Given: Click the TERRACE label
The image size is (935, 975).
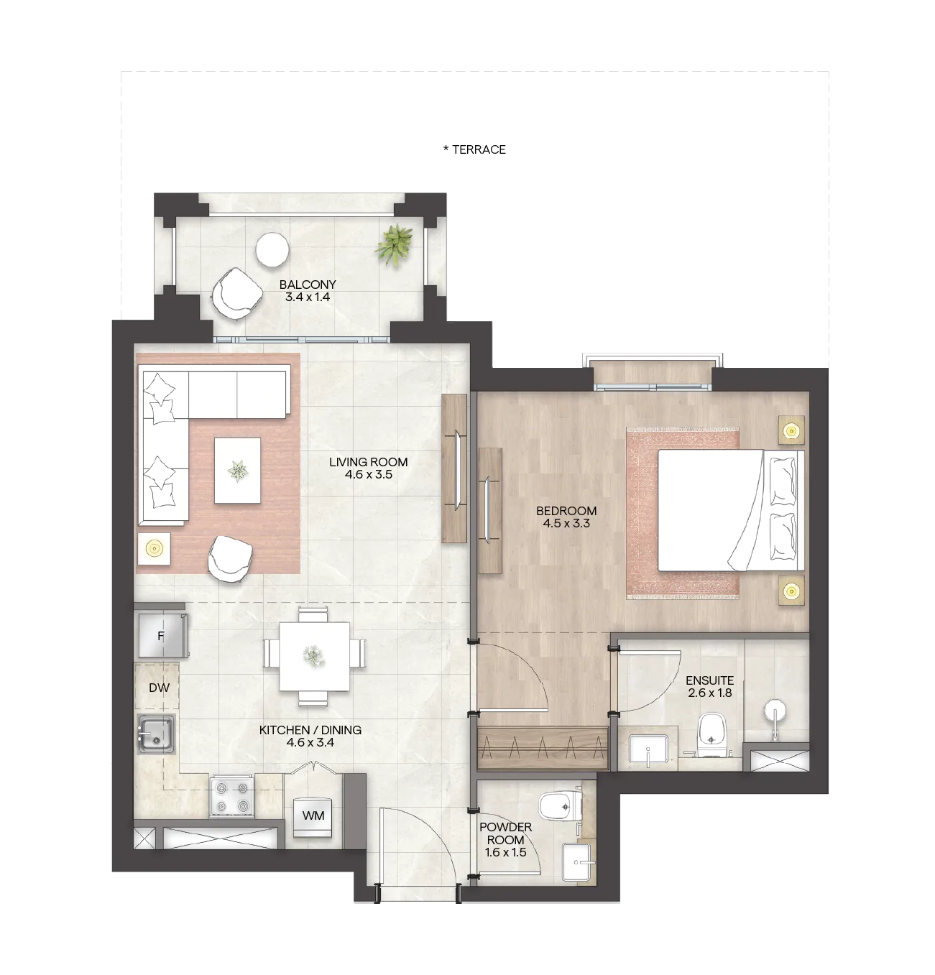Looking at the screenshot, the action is (x=479, y=149).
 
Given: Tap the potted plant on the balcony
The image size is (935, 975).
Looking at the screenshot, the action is (x=395, y=244).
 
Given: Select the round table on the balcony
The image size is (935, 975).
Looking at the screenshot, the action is (x=272, y=250).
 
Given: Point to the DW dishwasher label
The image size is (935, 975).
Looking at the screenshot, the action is (x=160, y=688).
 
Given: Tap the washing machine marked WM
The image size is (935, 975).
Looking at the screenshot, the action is (x=313, y=815).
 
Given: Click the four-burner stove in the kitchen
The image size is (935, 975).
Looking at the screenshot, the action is (x=231, y=795).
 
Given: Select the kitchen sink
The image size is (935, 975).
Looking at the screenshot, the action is (x=157, y=734).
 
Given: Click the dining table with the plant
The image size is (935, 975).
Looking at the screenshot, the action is (x=315, y=656).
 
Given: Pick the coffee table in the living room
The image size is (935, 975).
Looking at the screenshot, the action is (x=237, y=470).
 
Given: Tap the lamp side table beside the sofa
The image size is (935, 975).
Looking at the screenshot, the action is (x=155, y=549).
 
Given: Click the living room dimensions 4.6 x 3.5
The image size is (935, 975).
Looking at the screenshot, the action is (x=369, y=474).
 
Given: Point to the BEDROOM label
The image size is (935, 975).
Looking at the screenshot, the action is (x=567, y=511).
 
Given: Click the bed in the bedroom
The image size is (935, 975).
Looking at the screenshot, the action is (x=731, y=510).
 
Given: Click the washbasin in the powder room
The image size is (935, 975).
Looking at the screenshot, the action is (x=579, y=862).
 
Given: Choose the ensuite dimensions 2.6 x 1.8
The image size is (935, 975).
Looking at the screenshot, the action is (x=710, y=693).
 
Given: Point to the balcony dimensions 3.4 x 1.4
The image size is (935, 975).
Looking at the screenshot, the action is (x=308, y=297).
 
